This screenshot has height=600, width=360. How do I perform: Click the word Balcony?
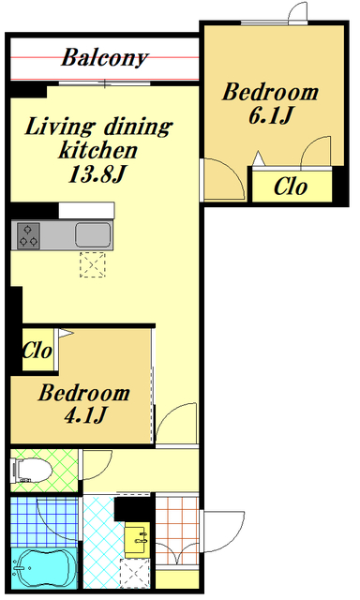point(104,58)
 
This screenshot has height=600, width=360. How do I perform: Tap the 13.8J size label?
point(97,173)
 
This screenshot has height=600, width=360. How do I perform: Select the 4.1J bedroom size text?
point(85,414)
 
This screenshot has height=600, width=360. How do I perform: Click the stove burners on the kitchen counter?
point(28,235)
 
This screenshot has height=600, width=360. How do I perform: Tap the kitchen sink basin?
point(93,235)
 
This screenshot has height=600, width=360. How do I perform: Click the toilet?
point(31,470)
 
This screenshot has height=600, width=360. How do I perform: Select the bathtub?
point(43,568)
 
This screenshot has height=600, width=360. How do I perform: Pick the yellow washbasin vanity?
point(137,540)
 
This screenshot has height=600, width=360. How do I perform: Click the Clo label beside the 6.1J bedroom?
point(291,187)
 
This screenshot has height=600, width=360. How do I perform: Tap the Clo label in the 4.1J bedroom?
point(37,350)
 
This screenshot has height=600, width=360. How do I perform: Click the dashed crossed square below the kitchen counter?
point(93,264)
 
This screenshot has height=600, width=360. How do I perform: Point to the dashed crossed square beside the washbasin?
point(134,574)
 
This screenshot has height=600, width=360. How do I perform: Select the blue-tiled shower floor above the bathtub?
point(44,521)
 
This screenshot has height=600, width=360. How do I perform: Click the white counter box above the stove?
point(86,210)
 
